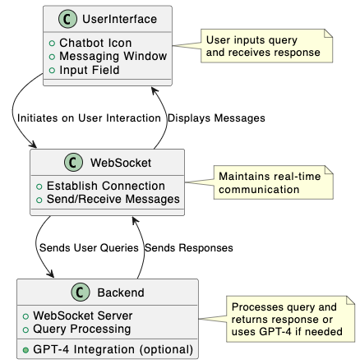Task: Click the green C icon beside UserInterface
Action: click(67, 19)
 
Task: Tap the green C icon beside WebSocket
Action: click(73, 163)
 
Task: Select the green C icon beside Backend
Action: click(81, 293)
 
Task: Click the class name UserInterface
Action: click(119, 19)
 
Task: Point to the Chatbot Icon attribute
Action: click(95, 43)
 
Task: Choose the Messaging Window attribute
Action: click(113, 57)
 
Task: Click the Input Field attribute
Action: click(90, 70)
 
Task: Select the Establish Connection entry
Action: click(106, 186)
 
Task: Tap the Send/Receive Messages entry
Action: click(113, 200)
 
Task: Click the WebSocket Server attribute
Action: click(83, 316)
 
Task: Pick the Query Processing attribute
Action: click(82, 329)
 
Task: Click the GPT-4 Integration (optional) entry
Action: click(113, 350)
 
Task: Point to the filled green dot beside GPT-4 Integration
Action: click(25, 350)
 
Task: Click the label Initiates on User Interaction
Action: click(89, 118)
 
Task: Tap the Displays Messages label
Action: click(216, 118)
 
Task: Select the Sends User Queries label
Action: click(89, 248)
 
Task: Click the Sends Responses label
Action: click(189, 248)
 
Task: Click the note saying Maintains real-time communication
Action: click(274, 182)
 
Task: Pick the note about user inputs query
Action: click(267, 46)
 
